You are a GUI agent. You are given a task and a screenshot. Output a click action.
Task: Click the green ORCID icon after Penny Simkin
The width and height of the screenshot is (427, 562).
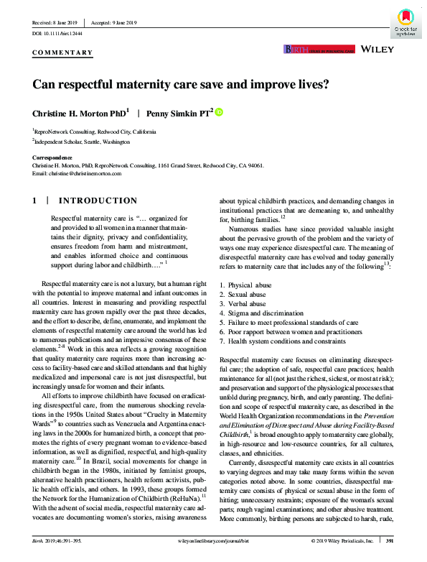tap(219, 111)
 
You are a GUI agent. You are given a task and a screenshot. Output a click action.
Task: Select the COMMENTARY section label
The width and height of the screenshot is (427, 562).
tap(63, 52)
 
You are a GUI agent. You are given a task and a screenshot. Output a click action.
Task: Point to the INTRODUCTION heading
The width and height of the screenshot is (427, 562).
tap(97, 201)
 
